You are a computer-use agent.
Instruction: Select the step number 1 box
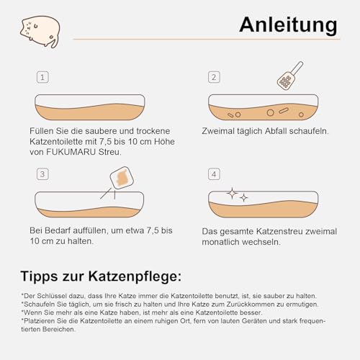[43, 77]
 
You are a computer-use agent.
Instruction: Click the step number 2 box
[213, 77]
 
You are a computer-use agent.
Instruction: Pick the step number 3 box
[43, 174]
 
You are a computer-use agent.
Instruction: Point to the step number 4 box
[213, 174]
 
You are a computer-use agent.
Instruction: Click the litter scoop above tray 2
[289, 75]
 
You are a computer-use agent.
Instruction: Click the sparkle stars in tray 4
[237, 195]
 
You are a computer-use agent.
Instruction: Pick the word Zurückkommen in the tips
[233, 305]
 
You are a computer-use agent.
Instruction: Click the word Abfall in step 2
[272, 132]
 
